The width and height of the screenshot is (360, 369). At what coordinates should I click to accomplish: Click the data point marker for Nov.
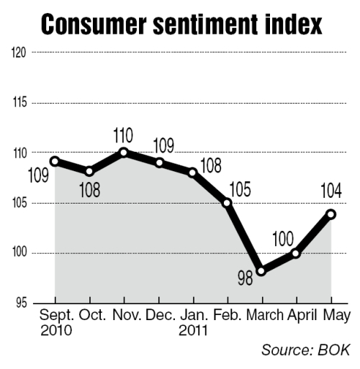[x=124, y=152]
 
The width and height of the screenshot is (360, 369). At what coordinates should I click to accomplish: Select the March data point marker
[x=261, y=271]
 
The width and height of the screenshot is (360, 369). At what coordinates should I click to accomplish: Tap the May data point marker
[x=331, y=214]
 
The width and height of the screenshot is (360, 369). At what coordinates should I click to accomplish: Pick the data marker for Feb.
[x=228, y=204]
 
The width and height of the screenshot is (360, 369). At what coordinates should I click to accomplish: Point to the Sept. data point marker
[x=55, y=161]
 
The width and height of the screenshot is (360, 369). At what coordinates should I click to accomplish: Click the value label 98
[x=246, y=278]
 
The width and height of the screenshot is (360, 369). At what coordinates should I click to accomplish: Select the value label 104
[x=331, y=191]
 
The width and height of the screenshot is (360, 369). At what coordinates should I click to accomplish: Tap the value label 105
[x=240, y=189]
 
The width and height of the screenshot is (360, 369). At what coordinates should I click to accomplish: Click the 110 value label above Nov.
[x=123, y=135]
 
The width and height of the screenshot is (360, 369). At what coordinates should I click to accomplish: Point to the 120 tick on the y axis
[x=19, y=53]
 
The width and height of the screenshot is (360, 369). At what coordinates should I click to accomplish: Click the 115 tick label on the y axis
[x=19, y=103]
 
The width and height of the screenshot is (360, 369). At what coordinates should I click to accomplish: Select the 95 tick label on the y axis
[x=22, y=304]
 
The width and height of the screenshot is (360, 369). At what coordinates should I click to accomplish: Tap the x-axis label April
[x=302, y=316]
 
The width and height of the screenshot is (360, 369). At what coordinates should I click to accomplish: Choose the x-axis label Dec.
[x=161, y=315]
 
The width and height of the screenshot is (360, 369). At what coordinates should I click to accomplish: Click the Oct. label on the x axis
[x=92, y=315]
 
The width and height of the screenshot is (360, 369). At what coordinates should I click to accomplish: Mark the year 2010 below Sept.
[x=56, y=330]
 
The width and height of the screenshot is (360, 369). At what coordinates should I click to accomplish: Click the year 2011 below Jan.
[x=193, y=330]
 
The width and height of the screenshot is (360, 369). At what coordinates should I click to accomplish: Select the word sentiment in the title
[x=207, y=24]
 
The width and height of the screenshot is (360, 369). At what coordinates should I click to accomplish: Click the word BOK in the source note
[x=334, y=350]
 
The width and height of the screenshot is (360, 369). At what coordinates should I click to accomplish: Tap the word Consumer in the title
[x=94, y=24]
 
